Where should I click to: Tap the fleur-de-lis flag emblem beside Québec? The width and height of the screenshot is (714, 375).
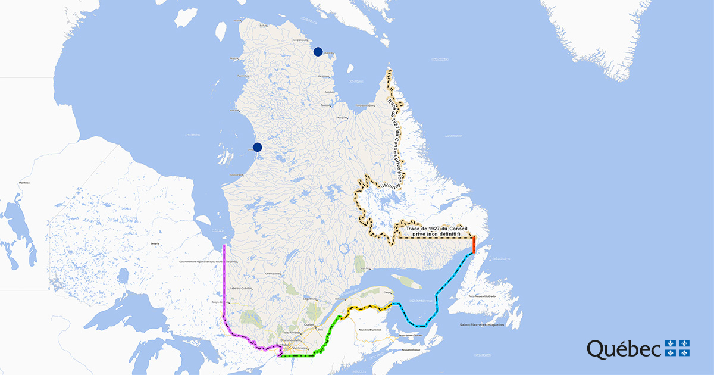pyautogui.click(x=678, y=348)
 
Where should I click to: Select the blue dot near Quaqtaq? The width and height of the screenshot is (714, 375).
pyautogui.click(x=318, y=52)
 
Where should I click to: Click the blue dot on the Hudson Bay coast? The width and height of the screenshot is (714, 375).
pyautogui.click(x=258, y=147)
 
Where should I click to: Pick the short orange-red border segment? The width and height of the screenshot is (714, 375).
pyautogui.click(x=474, y=244)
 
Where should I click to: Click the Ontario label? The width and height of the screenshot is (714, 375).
pyautogui.click(x=155, y=244)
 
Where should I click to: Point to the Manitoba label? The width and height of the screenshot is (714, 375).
pyautogui.click(x=24, y=182)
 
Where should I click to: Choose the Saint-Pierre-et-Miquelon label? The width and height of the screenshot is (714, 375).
pyautogui.click(x=481, y=324)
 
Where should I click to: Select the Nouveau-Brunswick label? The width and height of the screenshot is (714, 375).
pyautogui.click(x=369, y=327)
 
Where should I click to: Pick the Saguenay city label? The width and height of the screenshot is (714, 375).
pyautogui.click(x=309, y=298)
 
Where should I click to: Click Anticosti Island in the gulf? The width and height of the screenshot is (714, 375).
pyautogui.click(x=406, y=281)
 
